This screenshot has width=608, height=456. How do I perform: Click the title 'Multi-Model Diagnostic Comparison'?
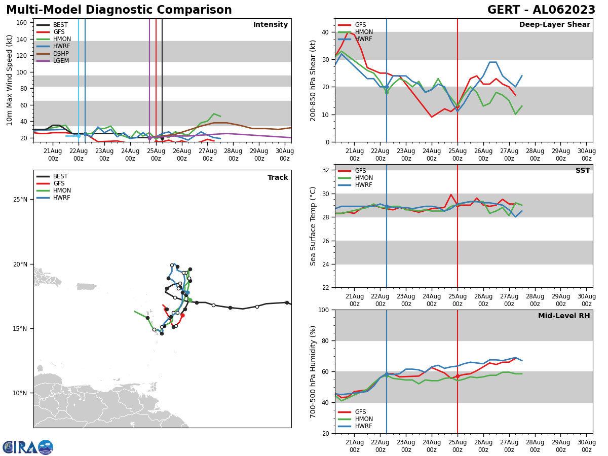119,10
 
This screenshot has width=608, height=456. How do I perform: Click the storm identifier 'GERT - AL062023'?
541,10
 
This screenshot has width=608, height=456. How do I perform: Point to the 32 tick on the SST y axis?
326,170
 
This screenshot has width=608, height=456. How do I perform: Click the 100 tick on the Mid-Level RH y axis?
324,310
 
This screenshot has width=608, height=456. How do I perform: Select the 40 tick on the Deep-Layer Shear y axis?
326,32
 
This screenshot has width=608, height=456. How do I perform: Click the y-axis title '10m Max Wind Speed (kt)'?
10,80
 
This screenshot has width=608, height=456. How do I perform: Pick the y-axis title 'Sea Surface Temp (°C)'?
313,226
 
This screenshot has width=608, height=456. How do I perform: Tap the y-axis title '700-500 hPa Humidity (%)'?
313,371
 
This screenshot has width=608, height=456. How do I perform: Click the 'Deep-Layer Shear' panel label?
554,25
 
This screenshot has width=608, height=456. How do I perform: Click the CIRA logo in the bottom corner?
28,447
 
